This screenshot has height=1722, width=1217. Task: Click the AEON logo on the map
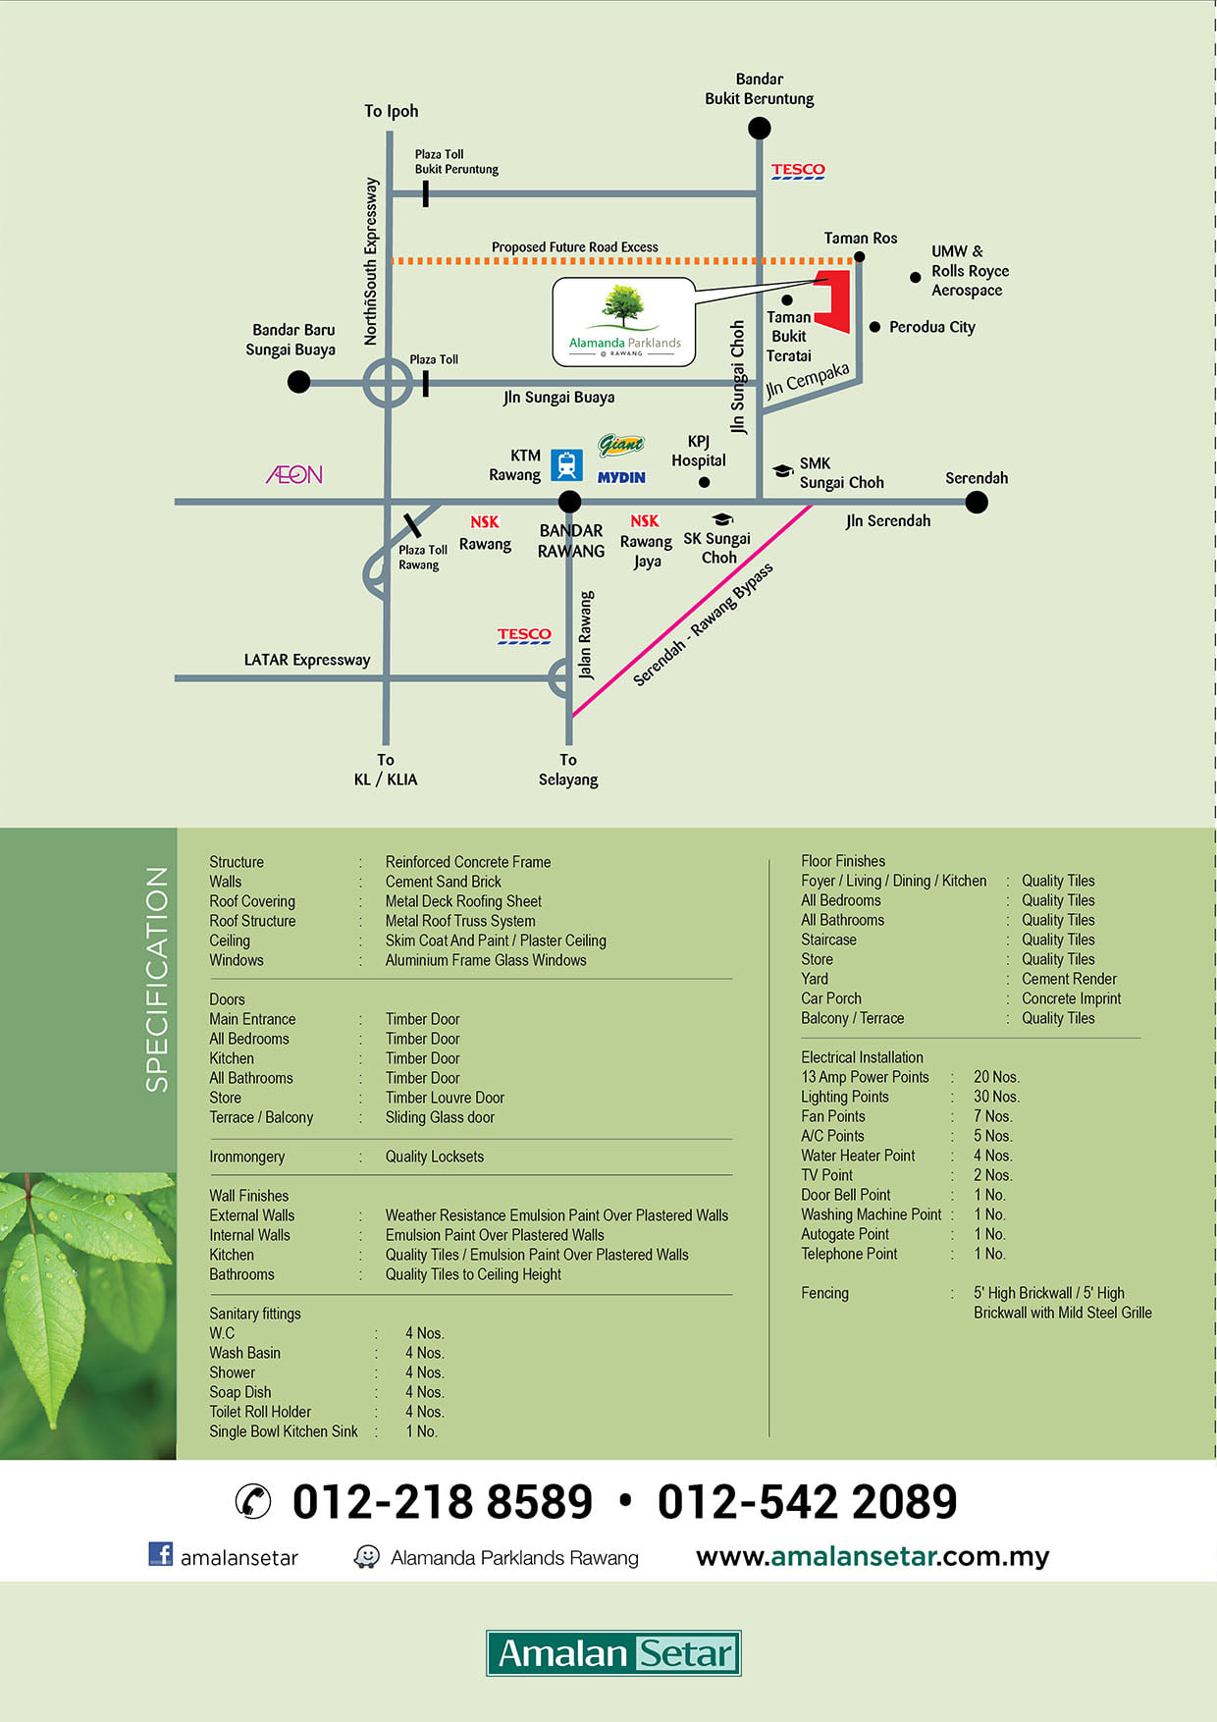(x=294, y=475)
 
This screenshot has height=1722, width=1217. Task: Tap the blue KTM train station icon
(x=566, y=464)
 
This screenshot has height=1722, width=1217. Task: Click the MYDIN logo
(x=621, y=477)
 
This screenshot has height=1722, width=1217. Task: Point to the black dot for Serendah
(x=977, y=503)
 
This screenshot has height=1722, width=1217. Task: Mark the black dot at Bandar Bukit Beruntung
(x=759, y=128)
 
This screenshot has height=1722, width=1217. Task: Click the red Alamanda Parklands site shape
(x=834, y=299)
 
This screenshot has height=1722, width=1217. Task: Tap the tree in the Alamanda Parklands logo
(x=623, y=305)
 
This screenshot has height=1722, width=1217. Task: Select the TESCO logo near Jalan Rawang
(x=524, y=635)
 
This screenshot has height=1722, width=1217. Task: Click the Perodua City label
(x=932, y=327)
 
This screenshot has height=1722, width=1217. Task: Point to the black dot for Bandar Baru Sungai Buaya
(x=299, y=382)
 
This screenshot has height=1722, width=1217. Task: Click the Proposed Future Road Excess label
(x=575, y=247)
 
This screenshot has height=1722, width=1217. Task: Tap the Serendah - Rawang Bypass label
(x=703, y=624)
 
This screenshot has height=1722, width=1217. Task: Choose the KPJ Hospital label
(x=699, y=452)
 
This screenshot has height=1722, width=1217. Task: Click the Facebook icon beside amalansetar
(x=160, y=1553)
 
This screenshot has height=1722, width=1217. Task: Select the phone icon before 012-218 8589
(x=253, y=1502)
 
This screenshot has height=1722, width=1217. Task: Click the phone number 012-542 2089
(x=807, y=1502)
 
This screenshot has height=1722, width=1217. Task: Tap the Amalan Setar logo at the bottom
(x=613, y=1653)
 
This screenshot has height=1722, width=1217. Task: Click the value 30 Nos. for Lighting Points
(x=996, y=1097)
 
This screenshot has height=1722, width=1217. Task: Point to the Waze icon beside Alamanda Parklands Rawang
(x=366, y=1557)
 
